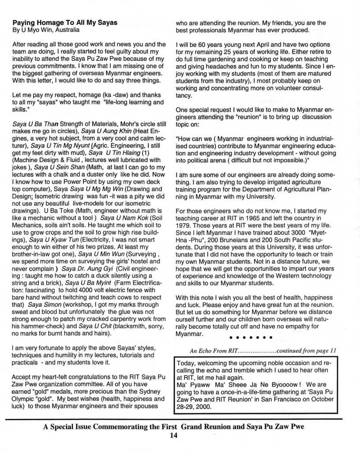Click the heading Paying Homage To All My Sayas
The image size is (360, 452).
[x=65, y=23]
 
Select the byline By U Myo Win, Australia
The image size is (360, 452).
[x=46, y=30]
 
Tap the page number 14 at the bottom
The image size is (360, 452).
[x=173, y=436]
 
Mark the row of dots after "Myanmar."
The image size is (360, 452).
[x=251, y=338]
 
